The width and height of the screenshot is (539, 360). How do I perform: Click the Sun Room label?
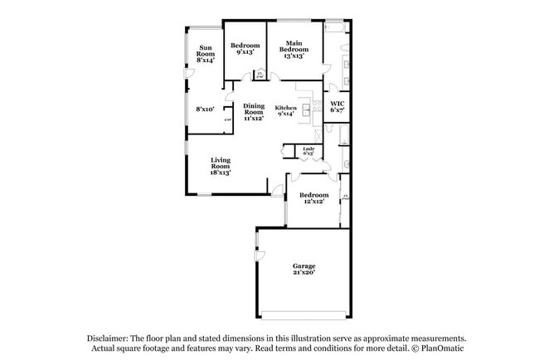(206, 53)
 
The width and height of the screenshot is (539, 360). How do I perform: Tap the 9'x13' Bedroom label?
(245, 49)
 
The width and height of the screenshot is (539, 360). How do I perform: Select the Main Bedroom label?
(294, 49)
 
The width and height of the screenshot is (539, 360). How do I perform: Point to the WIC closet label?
(337, 106)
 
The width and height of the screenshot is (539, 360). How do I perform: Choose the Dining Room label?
(254, 112)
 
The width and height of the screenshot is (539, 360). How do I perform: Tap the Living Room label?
(220, 166)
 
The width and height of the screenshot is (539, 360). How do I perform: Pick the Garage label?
(303, 270)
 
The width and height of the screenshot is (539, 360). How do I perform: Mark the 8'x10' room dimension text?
(205, 109)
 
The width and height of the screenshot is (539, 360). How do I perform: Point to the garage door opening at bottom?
(303, 314)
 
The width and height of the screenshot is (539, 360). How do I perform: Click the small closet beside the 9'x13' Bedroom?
(260, 75)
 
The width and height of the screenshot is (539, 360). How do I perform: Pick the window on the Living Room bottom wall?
(204, 194)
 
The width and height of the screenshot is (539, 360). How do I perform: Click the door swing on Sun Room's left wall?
(188, 75)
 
